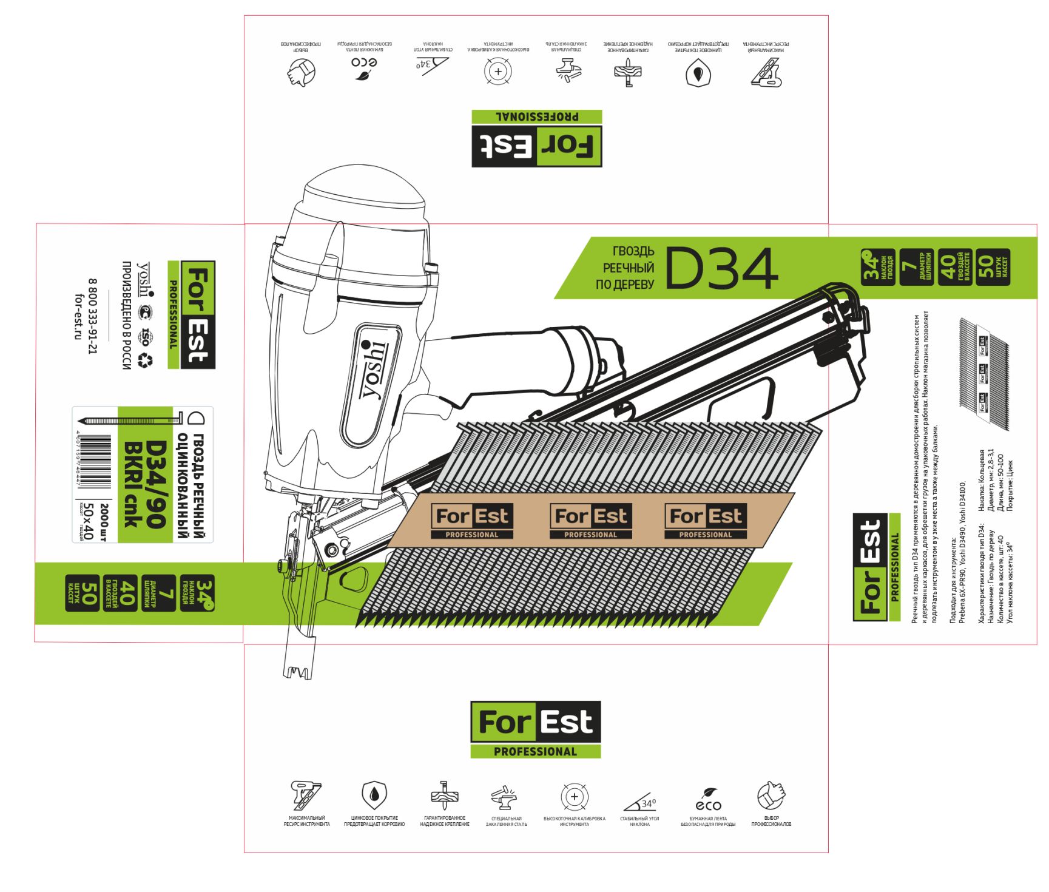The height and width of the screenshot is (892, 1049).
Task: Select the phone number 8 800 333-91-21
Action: tap(92, 316)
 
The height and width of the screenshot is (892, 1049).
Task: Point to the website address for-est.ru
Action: tap(78, 316)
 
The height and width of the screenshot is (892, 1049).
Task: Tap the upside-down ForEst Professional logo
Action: tap(537, 138)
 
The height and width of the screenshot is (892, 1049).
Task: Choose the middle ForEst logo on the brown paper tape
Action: tap(590, 521)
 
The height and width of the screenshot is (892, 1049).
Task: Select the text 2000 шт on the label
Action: tap(104, 522)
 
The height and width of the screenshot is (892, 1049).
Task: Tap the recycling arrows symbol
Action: tap(146, 361)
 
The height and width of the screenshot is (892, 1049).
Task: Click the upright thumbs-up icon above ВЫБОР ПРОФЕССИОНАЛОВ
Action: tap(771, 796)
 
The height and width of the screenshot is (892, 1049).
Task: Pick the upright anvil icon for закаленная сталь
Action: tap(505, 797)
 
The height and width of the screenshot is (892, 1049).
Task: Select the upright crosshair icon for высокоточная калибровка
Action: tap(574, 796)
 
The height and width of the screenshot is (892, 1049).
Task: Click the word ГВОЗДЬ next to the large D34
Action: tap(633, 251)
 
